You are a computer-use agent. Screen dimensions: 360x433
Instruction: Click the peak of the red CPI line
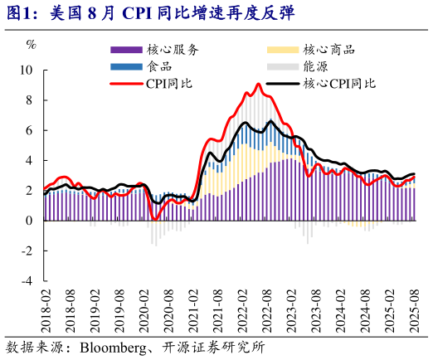[x=258, y=84]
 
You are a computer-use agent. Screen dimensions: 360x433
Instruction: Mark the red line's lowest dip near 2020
[x=155, y=219]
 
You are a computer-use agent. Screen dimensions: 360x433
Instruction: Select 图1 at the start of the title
[x=19, y=12]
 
